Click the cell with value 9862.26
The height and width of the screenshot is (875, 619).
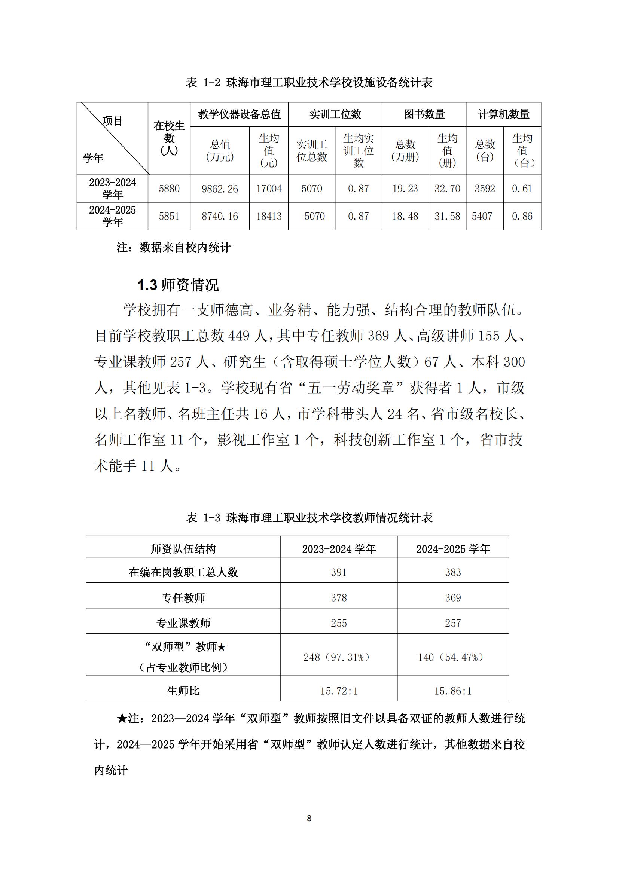[220, 189]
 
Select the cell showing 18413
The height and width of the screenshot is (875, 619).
[269, 217]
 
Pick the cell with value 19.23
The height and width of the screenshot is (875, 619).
[405, 189]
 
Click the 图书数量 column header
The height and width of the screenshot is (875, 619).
[424, 114]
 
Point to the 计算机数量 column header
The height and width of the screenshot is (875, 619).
[503, 114]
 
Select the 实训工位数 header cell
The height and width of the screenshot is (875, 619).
[335, 114]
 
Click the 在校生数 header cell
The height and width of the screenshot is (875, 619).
[169, 138]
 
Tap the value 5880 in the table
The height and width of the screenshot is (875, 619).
[169, 189]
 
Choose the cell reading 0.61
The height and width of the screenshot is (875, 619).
[522, 189]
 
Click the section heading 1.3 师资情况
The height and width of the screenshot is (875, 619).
[178, 285]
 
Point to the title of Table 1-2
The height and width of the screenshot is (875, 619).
[309, 82]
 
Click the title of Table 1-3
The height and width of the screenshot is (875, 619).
[309, 517]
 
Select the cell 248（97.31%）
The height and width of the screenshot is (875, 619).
[338, 657]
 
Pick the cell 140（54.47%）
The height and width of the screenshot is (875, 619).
[453, 657]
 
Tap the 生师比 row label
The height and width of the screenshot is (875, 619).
[183, 691]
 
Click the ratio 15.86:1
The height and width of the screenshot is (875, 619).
[453, 691]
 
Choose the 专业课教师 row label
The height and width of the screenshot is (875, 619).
[183, 623]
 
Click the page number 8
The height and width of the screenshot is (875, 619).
[309, 818]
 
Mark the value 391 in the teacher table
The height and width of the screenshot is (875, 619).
[338, 572]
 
